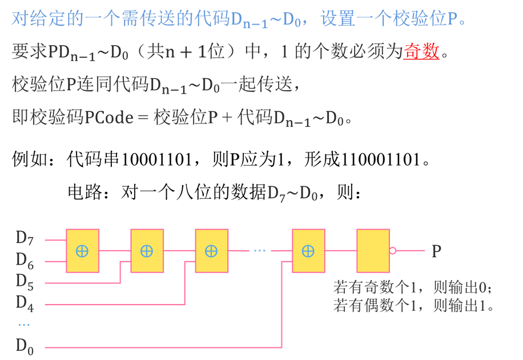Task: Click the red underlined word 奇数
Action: coord(421,53)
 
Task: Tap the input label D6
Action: coord(25,261)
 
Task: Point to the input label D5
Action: coord(25,282)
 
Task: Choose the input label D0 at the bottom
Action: coord(25,346)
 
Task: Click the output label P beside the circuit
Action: coord(436,251)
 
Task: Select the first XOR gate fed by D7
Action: coord(82,251)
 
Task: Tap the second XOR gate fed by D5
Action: coord(147,251)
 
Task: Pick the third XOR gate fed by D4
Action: coord(211,251)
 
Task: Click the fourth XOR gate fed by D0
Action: coord(308,251)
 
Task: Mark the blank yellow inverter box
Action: coord(373,251)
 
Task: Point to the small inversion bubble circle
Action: coord(392,251)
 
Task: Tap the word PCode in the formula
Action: coord(108,118)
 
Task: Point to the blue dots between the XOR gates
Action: coord(260,250)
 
